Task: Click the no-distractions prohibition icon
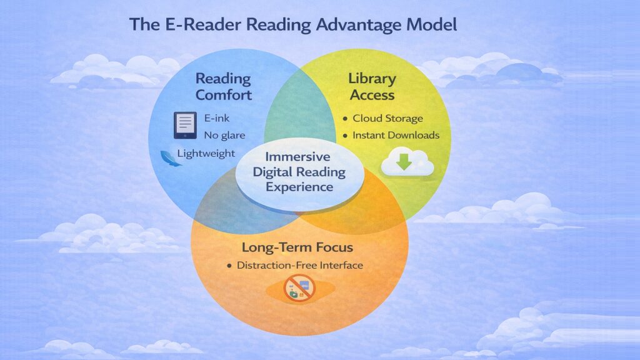300,288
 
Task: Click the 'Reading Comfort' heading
224,87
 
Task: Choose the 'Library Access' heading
372,87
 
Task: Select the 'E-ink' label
217,117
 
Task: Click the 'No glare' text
224,134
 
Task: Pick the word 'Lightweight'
206,152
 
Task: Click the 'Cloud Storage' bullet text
387,118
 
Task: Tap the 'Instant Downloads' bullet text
396,135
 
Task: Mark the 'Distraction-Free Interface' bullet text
299,265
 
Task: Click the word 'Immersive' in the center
299,156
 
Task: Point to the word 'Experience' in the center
299,186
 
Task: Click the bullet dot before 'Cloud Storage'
345,119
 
